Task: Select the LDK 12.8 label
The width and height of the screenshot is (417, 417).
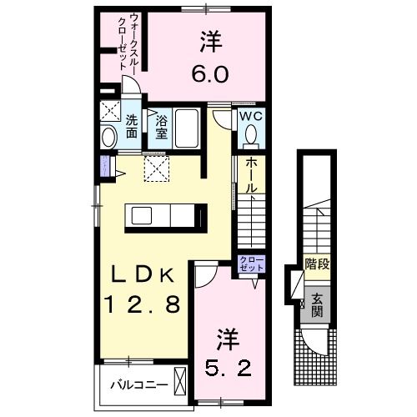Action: click(142, 288)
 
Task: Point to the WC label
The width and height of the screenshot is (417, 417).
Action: click(251, 116)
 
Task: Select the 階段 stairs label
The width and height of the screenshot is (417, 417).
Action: click(316, 266)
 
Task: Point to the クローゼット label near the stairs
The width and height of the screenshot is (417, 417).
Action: click(250, 264)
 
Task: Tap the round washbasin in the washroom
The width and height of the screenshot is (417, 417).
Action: click(109, 137)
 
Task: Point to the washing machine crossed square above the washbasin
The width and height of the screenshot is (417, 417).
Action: click(109, 111)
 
